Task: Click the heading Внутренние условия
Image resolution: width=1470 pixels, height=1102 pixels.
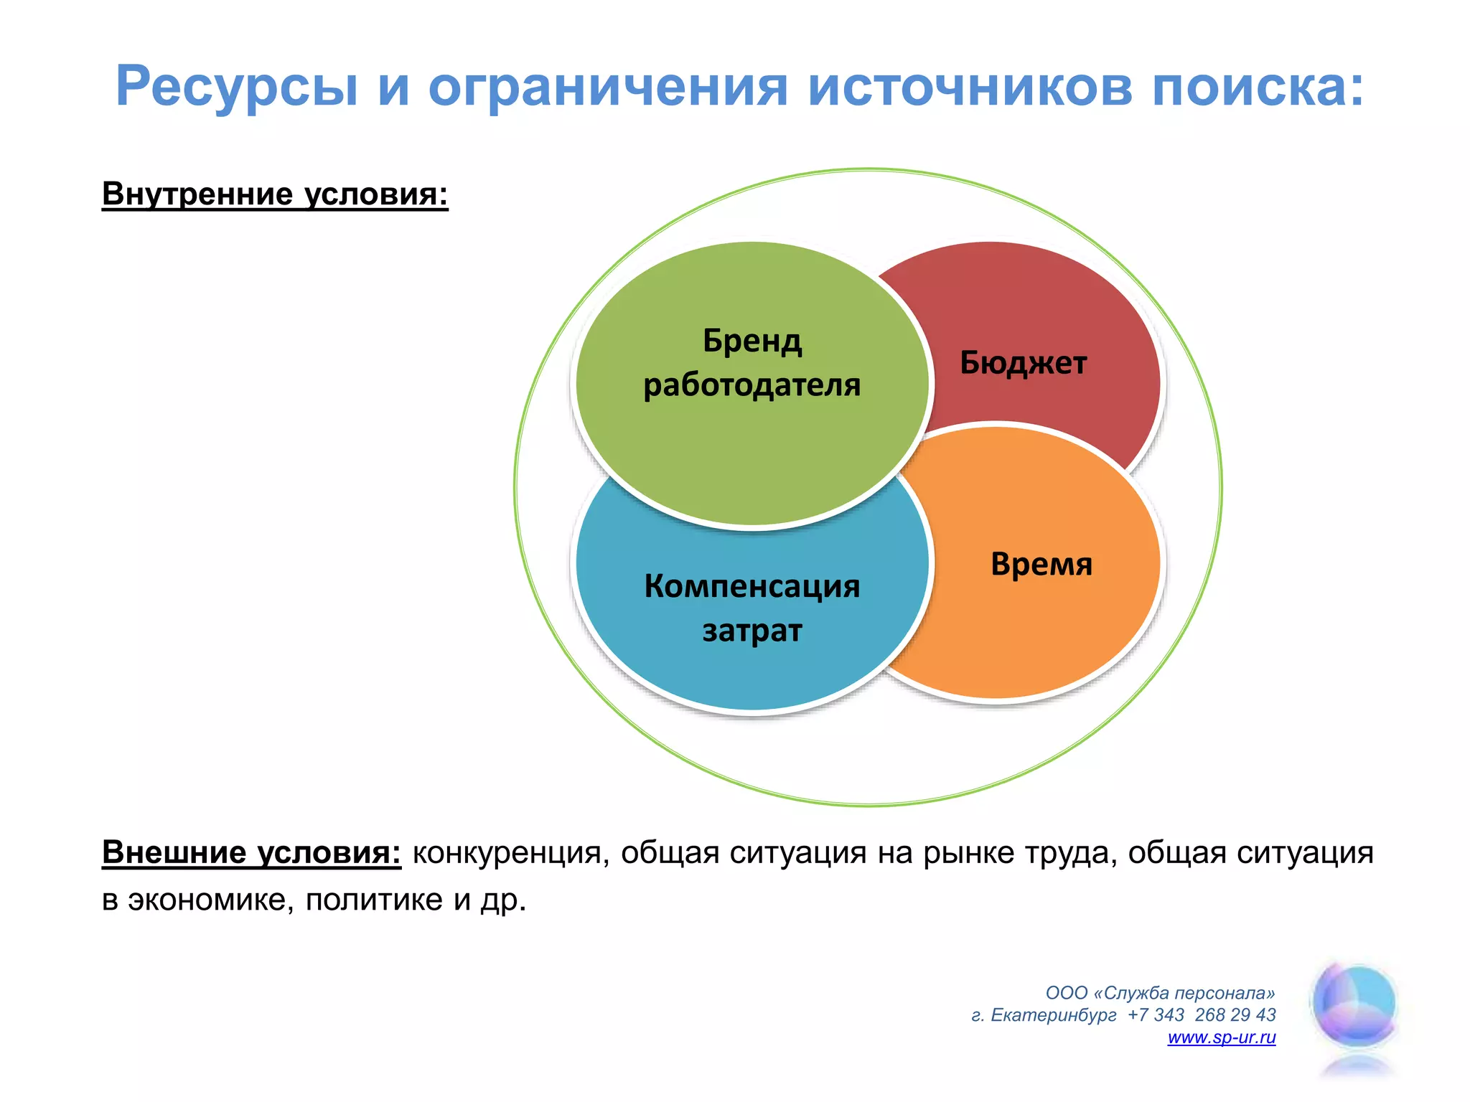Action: (x=275, y=194)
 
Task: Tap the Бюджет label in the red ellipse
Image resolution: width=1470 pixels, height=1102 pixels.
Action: (x=1023, y=363)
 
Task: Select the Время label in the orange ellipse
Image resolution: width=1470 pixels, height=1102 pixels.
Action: (x=1041, y=564)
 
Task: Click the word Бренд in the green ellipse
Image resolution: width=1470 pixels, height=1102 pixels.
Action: (x=752, y=340)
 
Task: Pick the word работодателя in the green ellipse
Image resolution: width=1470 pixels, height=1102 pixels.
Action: (x=752, y=385)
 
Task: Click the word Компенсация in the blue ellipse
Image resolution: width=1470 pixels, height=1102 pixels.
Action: (x=752, y=586)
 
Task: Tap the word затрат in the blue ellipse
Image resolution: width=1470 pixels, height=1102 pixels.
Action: (x=752, y=631)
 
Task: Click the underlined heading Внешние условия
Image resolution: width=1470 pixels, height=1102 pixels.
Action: (x=251, y=852)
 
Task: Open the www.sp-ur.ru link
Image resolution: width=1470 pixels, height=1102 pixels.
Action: (x=1221, y=1037)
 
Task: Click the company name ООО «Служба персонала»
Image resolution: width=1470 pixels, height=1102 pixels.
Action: (x=1160, y=993)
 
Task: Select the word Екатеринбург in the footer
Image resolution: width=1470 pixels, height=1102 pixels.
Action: (x=1053, y=1015)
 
